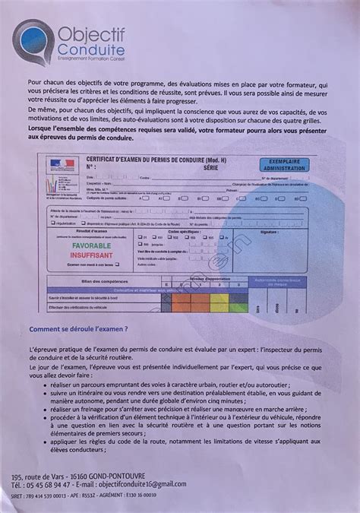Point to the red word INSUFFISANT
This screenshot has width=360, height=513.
click(x=91, y=257)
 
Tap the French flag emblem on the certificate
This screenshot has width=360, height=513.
click(x=57, y=163)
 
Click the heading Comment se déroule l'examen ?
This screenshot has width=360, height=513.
click(x=89, y=330)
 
